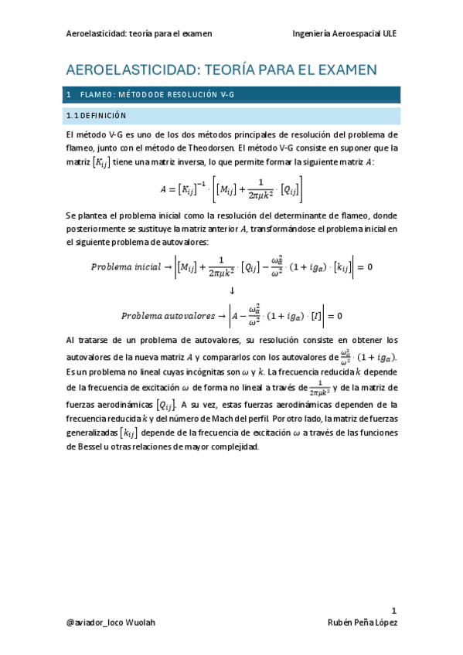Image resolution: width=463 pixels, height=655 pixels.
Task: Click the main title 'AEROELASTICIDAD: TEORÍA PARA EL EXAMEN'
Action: pos(221,70)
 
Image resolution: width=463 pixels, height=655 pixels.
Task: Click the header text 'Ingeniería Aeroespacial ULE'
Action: pos(345,34)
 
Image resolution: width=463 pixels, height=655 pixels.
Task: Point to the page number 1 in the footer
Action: pos(393,609)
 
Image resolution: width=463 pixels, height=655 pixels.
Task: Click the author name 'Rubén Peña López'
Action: pos(363,623)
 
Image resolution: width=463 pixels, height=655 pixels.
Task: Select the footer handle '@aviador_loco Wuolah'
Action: pos(111,623)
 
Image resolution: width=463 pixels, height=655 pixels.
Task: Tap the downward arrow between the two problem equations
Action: pos(232,291)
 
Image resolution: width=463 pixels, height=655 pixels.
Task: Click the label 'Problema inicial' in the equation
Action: pos(126,267)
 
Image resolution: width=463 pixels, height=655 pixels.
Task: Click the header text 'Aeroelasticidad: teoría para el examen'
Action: pos(140,34)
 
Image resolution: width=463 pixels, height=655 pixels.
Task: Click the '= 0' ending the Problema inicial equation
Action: pos(364,267)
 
